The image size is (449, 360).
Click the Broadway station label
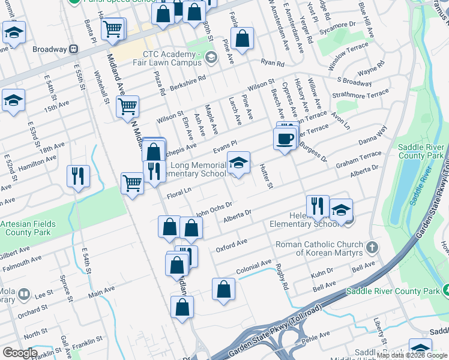tap(49, 49)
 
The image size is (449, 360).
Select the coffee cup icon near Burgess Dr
tap(285, 139)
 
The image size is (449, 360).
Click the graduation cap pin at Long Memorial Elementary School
tap(238, 163)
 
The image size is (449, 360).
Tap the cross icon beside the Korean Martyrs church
tap(372, 246)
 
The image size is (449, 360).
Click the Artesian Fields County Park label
tap(28, 228)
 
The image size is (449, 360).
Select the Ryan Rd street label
tap(272, 62)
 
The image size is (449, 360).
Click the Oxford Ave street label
tap(232, 244)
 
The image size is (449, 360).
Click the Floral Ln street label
tap(179, 193)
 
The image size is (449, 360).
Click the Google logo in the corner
tap(20, 353)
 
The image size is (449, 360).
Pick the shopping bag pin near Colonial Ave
tap(223, 289)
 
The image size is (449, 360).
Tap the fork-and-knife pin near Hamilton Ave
tap(78, 176)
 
